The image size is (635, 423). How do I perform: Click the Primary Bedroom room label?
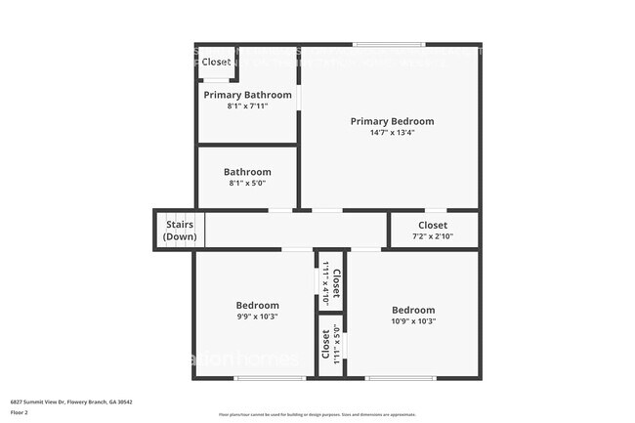click(392, 121)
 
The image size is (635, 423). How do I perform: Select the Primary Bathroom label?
click(247, 95)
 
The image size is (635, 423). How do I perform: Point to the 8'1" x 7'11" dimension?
click(247, 106)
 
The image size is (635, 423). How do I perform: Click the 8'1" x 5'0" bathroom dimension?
click(247, 183)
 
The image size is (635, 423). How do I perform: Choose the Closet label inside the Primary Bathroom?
click(216, 62)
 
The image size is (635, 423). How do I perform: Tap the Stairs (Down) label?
click(180, 231)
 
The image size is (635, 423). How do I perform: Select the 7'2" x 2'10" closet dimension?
click(433, 235)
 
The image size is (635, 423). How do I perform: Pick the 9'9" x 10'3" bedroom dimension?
click(257, 317)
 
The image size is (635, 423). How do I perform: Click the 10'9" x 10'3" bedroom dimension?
click(412, 320)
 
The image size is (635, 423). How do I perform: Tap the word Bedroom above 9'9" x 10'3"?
click(257, 305)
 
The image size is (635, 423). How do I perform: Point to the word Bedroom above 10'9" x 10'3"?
click(412, 310)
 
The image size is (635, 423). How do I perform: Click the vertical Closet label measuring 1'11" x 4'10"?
click(335, 284)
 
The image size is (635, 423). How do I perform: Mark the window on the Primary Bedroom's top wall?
click(388, 44)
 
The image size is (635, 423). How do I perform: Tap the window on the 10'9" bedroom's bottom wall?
click(400, 378)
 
